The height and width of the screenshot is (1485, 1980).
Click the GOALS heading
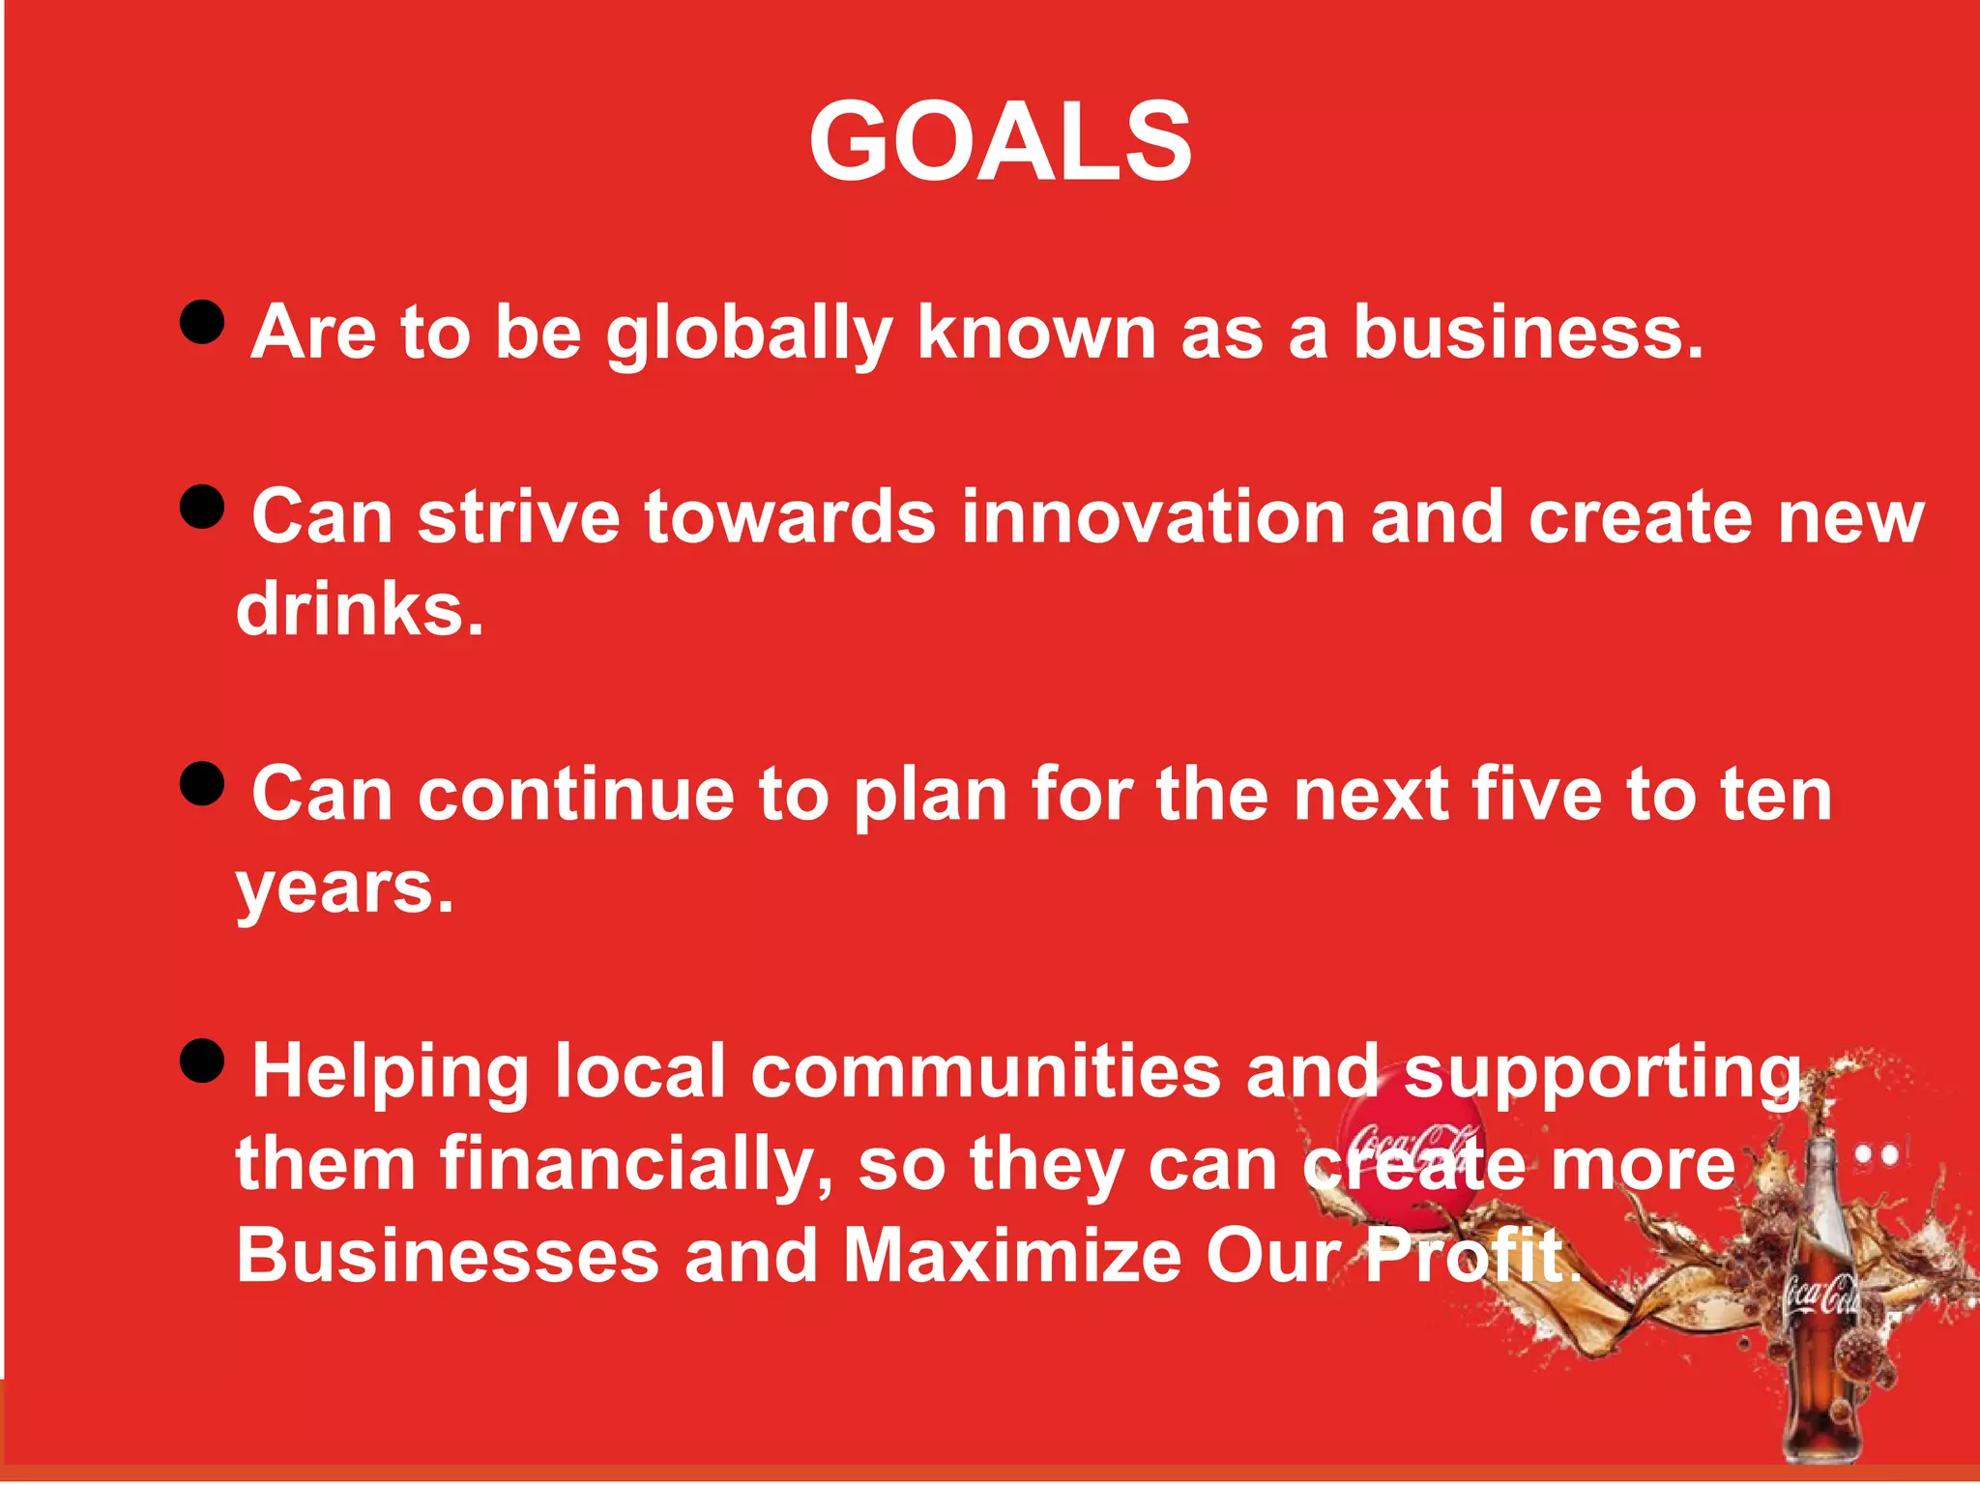(x=1000, y=142)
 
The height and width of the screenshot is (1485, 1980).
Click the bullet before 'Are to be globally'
(x=202, y=321)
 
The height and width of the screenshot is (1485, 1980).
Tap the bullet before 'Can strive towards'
(x=202, y=507)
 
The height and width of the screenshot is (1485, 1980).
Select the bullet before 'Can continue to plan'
(x=202, y=783)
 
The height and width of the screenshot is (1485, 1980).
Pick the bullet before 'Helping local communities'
(x=202, y=1062)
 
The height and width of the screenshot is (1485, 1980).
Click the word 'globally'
(x=748, y=334)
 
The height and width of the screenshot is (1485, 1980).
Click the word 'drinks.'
(x=360, y=610)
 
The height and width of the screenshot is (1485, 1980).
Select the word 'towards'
(x=790, y=517)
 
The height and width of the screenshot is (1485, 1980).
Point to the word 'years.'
(x=345, y=888)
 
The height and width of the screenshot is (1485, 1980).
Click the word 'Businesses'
(x=448, y=1256)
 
